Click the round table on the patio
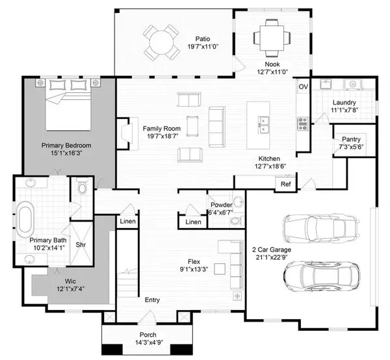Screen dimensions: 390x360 click(x=161, y=42)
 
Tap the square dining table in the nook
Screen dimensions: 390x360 click(x=272, y=38)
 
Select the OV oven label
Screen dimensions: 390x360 click(x=303, y=87)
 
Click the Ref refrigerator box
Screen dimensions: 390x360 click(x=285, y=184)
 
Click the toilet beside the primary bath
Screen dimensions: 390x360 click(x=82, y=186)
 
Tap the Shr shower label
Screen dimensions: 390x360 click(x=81, y=244)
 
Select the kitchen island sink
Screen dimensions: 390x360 click(x=263, y=125)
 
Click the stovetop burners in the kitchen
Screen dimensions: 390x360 click(x=303, y=123)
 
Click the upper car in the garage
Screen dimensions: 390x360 click(x=322, y=228)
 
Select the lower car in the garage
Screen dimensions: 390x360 click(x=322, y=276)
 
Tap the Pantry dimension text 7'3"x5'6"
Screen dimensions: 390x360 click(x=351, y=147)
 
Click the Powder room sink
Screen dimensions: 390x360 click(x=239, y=201)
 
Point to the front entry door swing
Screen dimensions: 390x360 click(x=148, y=317)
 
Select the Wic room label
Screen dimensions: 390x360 click(x=70, y=281)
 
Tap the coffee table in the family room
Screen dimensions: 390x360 click(x=192, y=126)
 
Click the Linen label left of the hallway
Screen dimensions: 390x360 click(x=128, y=221)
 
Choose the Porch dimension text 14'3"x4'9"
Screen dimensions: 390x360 click(x=149, y=342)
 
